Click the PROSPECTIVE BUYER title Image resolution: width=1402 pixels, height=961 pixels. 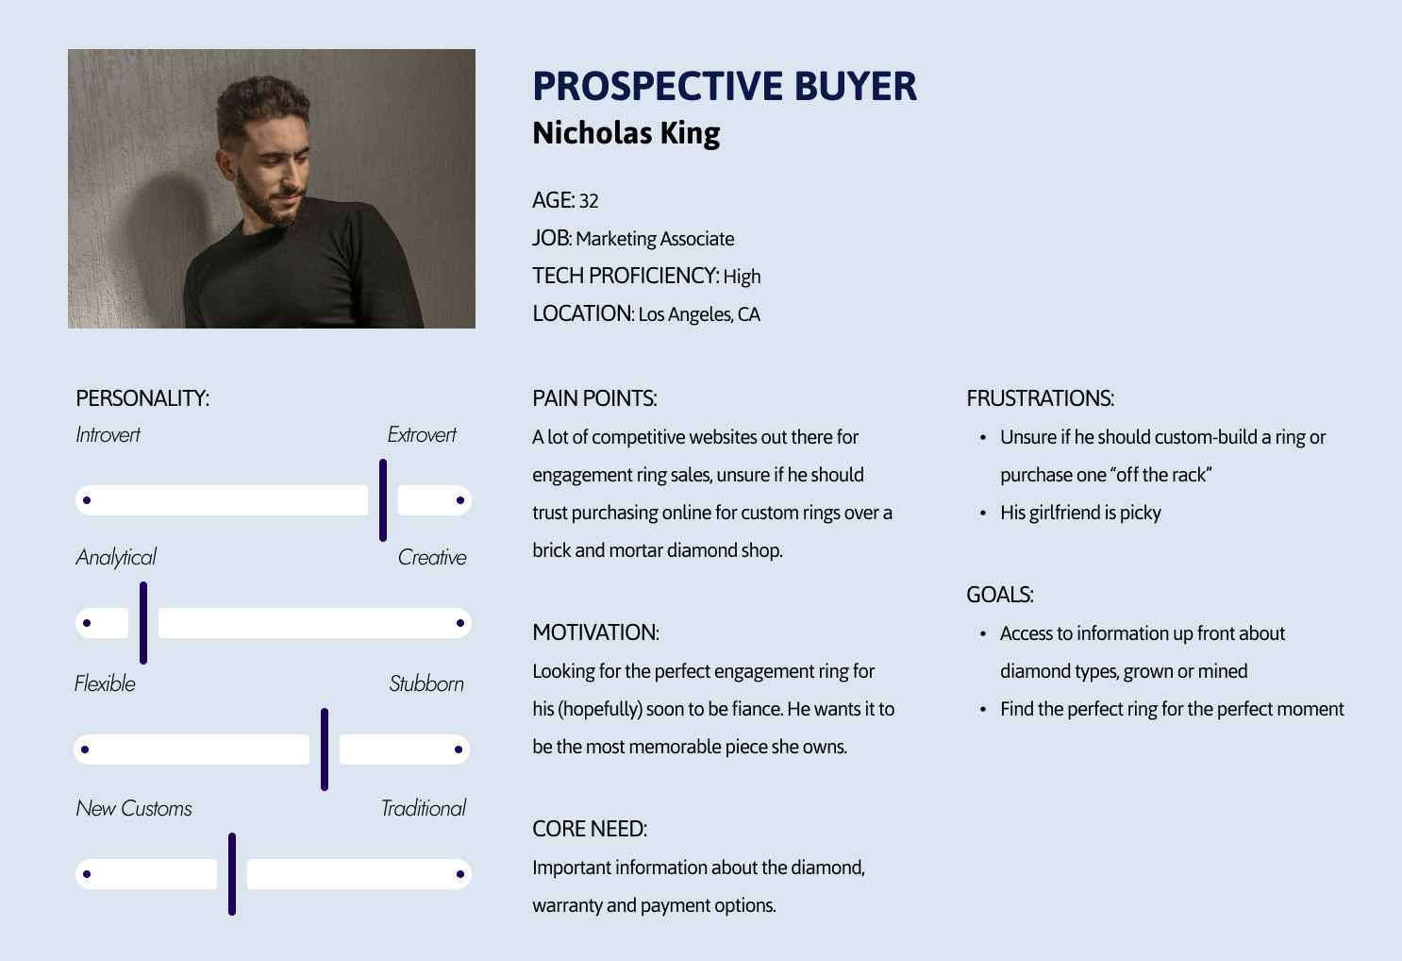[725, 86]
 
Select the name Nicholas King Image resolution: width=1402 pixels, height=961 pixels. [626, 133]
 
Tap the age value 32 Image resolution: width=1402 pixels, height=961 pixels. [589, 201]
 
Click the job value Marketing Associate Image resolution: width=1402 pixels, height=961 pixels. [655, 239]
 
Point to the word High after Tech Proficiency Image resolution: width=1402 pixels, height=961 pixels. [742, 276]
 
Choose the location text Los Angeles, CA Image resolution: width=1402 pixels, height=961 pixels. [699, 314]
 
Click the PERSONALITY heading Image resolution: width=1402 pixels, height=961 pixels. [142, 398]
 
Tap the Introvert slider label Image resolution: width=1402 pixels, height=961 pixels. [108, 434]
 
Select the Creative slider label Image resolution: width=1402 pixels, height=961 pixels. [432, 557]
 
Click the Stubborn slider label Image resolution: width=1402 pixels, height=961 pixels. [426, 683]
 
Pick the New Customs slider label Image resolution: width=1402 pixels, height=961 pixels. [134, 808]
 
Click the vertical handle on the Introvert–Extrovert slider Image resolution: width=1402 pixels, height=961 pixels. [383, 500]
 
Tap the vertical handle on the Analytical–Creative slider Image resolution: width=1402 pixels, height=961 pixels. [143, 623]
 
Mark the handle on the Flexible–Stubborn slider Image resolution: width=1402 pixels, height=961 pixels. [325, 750]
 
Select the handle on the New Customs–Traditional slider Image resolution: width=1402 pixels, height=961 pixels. [231, 874]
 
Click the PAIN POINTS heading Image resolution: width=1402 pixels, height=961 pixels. [594, 398]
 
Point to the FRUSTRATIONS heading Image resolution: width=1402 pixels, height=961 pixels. [1041, 398]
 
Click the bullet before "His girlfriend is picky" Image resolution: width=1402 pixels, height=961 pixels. [983, 514]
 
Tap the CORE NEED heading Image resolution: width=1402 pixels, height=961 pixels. [590, 829]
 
